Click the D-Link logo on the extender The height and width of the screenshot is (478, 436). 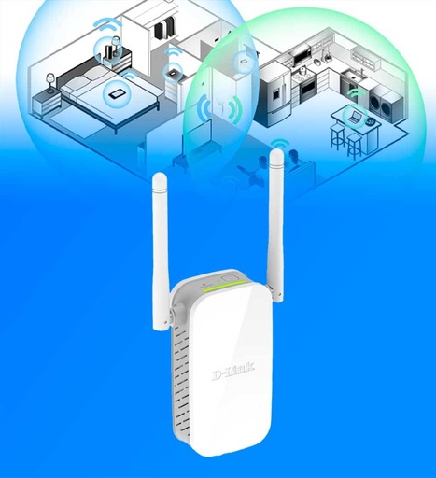point(233,372)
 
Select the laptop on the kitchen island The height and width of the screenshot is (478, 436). point(355,117)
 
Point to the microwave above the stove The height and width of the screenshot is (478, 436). point(302,55)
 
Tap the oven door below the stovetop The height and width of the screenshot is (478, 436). point(307,88)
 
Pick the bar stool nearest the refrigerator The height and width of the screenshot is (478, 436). point(337,137)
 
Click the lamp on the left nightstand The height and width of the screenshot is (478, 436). point(50,82)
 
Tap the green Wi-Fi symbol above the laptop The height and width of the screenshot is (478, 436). point(356,94)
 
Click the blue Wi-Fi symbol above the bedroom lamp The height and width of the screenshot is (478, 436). point(106,24)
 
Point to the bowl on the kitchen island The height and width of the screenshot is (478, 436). point(371,121)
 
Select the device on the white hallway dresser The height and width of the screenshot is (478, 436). point(172,74)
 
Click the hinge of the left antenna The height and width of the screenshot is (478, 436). point(171,315)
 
